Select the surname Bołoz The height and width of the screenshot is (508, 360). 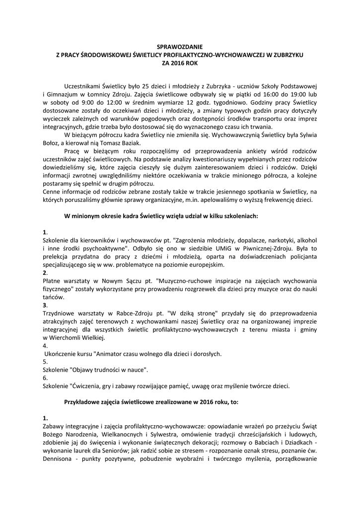(53, 144)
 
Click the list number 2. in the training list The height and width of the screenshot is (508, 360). (45, 273)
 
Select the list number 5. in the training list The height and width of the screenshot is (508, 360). (45, 362)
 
